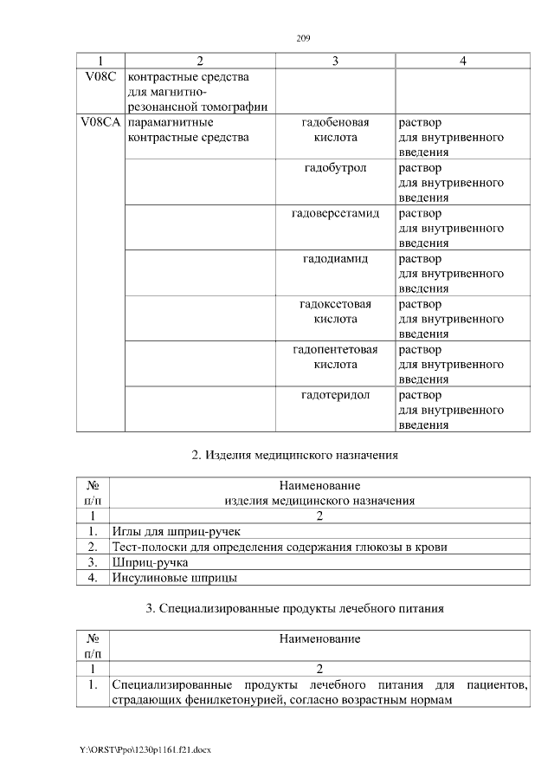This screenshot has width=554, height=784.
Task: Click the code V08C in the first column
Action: [x=100, y=77]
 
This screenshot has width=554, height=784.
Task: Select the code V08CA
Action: [x=100, y=122]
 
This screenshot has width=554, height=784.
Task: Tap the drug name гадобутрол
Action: [x=335, y=168]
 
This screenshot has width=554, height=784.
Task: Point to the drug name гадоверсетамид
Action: [x=335, y=213]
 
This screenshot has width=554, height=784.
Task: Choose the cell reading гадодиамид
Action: [x=335, y=259]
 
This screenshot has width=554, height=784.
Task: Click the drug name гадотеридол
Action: [x=335, y=395]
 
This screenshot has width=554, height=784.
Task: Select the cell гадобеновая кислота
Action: [x=335, y=130]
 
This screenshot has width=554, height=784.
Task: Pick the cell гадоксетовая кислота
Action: [x=335, y=312]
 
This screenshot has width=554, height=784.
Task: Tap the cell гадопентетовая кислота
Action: [x=335, y=357]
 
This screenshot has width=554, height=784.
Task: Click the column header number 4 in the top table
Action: [x=463, y=62]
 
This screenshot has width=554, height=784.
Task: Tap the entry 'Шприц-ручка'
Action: [x=145, y=562]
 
